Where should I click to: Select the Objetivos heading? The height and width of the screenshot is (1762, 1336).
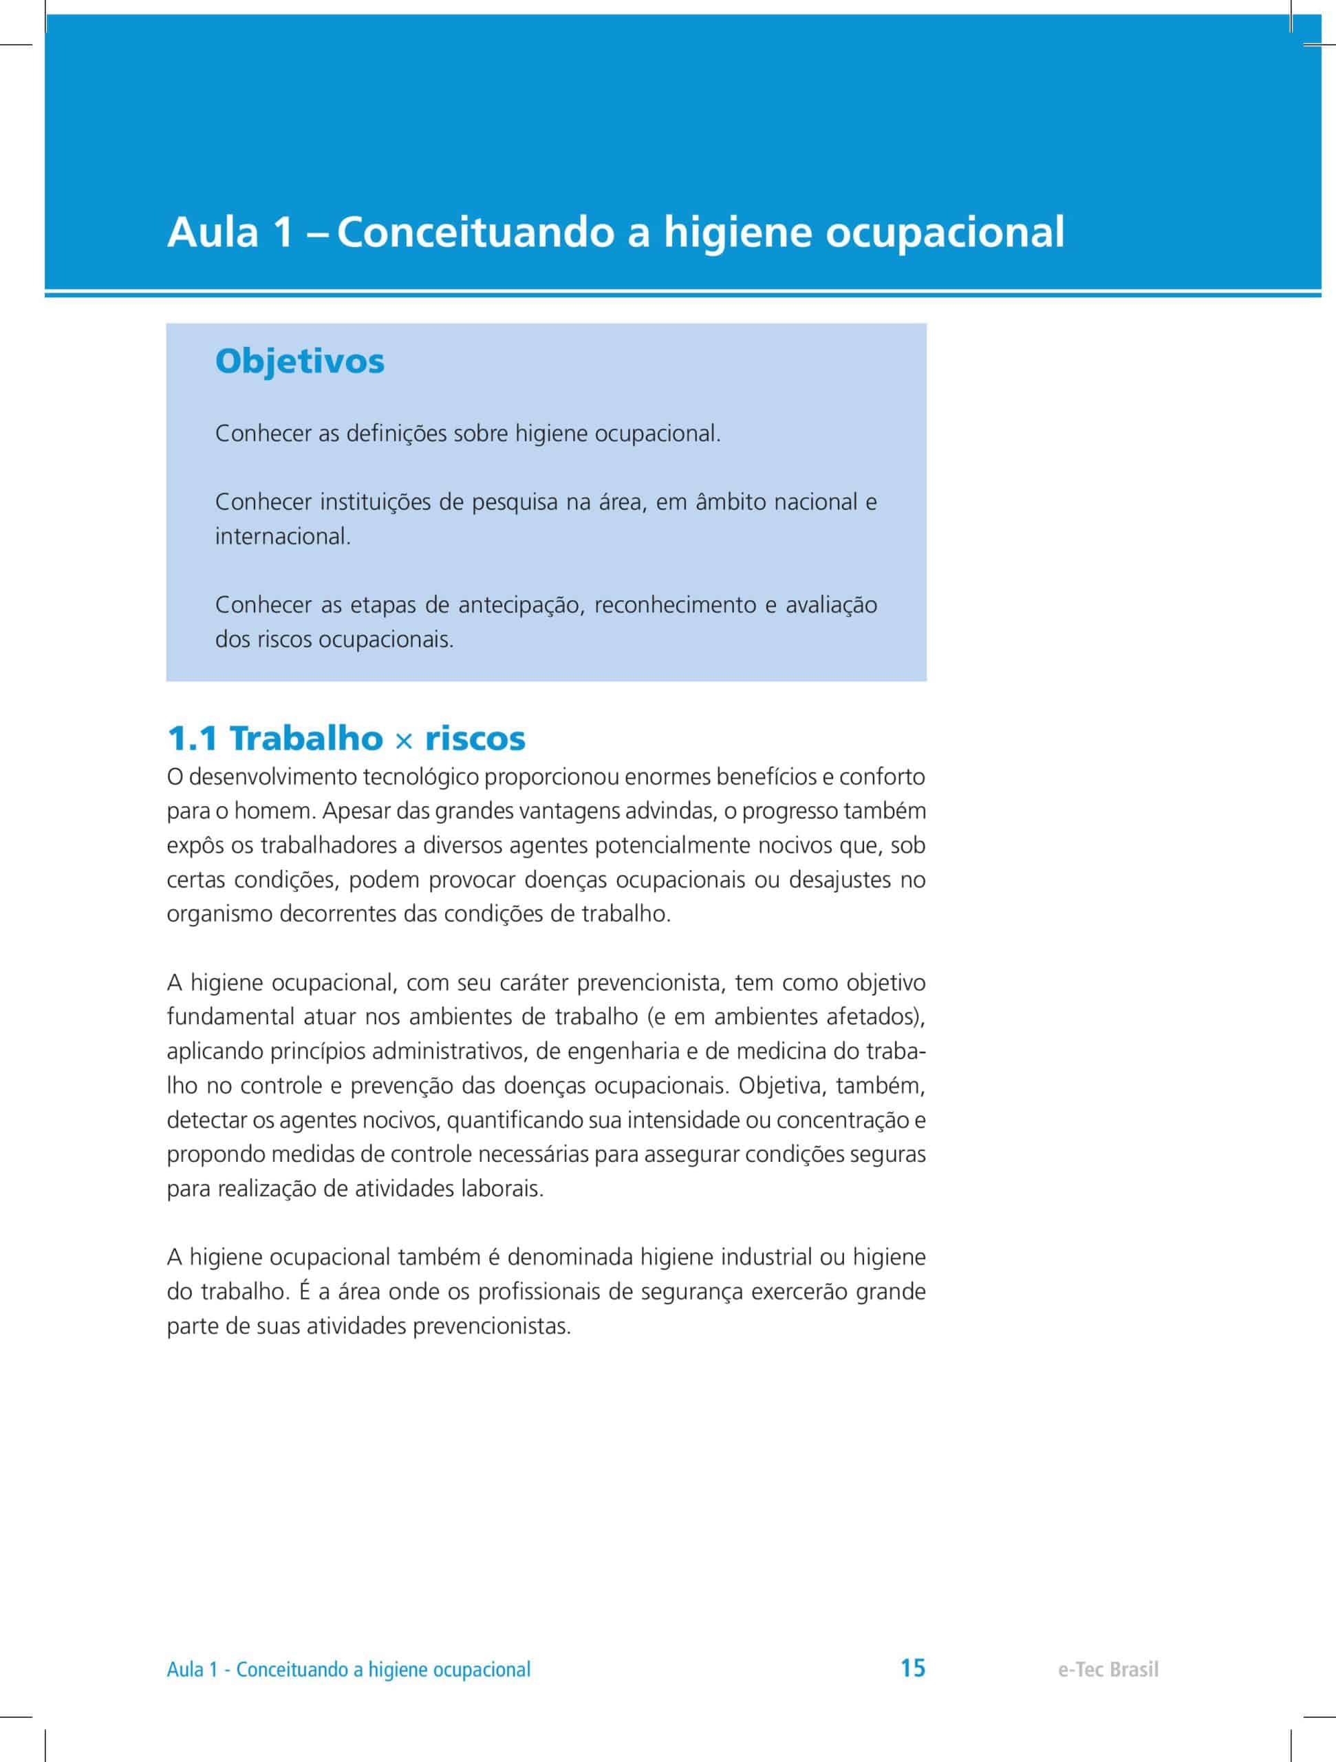[299, 361]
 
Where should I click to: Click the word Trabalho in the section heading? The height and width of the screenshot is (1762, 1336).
[307, 739]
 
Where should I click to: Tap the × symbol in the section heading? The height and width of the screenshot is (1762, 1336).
[405, 741]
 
